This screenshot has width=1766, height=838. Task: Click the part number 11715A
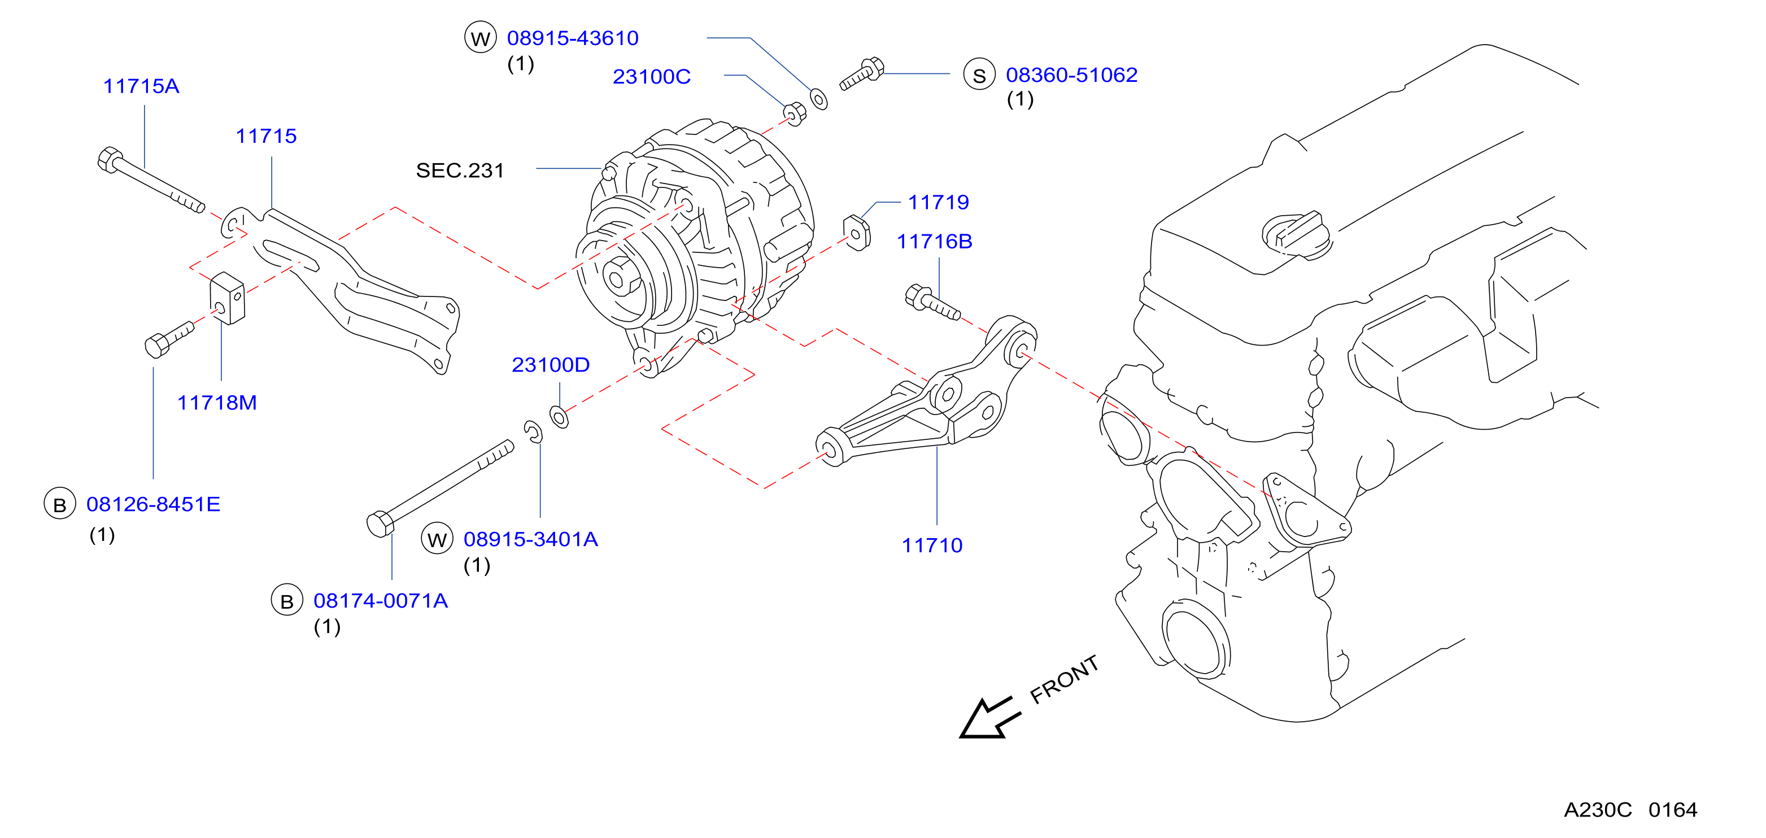click(141, 86)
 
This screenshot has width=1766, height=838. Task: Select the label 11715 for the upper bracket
click(266, 136)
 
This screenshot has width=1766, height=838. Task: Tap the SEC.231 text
click(460, 171)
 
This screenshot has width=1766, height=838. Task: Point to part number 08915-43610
click(573, 38)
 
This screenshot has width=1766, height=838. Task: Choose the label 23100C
click(651, 77)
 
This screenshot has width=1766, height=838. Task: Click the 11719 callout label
click(939, 203)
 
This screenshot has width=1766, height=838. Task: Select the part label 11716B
click(935, 242)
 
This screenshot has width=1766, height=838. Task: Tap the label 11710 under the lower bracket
click(932, 546)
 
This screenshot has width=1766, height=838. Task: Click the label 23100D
click(551, 365)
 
